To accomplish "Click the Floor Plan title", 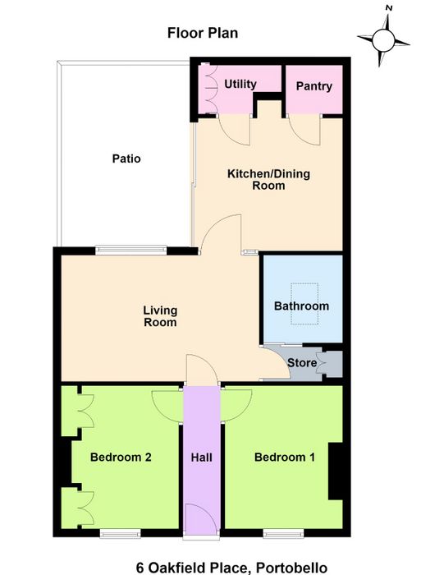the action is pyautogui.click(x=203, y=33).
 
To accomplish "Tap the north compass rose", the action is pyautogui.click(x=383, y=39).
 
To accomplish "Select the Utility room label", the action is pyautogui.click(x=240, y=84).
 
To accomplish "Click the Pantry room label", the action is pyautogui.click(x=314, y=85).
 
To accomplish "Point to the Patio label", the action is pyautogui.click(x=126, y=159).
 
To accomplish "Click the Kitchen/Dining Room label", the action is pyautogui.click(x=268, y=179).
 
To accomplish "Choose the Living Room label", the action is pyautogui.click(x=160, y=316).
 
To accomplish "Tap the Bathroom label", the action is pyautogui.click(x=301, y=306).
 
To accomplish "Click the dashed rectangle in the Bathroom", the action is pyautogui.click(x=304, y=304).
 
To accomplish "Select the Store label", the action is pyautogui.click(x=302, y=363).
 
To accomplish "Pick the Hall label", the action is pyautogui.click(x=202, y=458).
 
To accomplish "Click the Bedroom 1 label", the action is pyautogui.click(x=285, y=457).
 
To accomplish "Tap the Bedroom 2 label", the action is pyautogui.click(x=121, y=457).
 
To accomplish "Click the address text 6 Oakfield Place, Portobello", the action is pyautogui.click(x=231, y=568).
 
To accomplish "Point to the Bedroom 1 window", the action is pyautogui.click(x=283, y=533).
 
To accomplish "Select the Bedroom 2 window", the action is pyautogui.click(x=120, y=533).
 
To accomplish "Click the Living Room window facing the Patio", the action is pyautogui.click(x=130, y=250).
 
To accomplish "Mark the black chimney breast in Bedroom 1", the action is pyautogui.click(x=336, y=471).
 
